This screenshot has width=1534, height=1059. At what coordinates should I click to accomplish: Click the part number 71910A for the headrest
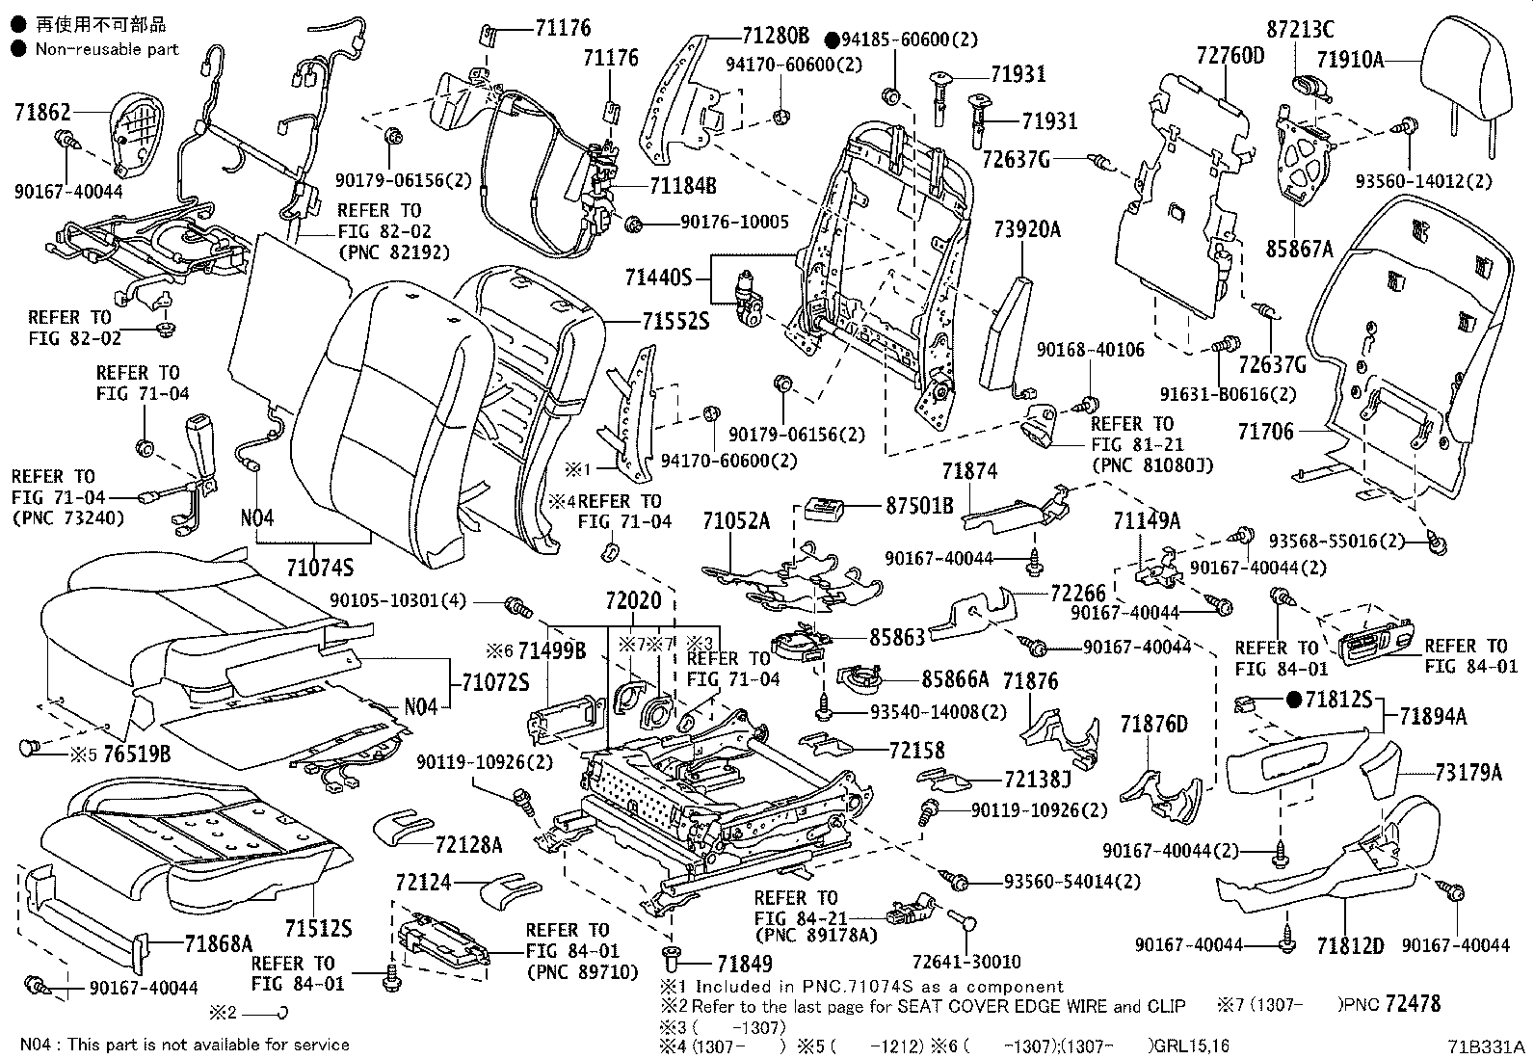tap(1351, 60)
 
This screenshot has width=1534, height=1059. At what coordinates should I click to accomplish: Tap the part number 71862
tap(42, 113)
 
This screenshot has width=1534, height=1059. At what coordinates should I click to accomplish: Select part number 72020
tap(634, 601)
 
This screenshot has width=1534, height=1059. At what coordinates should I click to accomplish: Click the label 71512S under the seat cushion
tap(318, 929)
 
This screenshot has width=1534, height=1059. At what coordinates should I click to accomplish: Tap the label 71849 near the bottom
tap(744, 963)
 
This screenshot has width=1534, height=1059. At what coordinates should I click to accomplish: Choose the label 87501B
tap(919, 505)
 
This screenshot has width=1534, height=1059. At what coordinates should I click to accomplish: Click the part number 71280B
tap(776, 37)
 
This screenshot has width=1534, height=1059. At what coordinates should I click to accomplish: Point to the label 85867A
tap(1299, 250)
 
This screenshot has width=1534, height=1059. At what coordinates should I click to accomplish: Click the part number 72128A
tap(469, 845)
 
